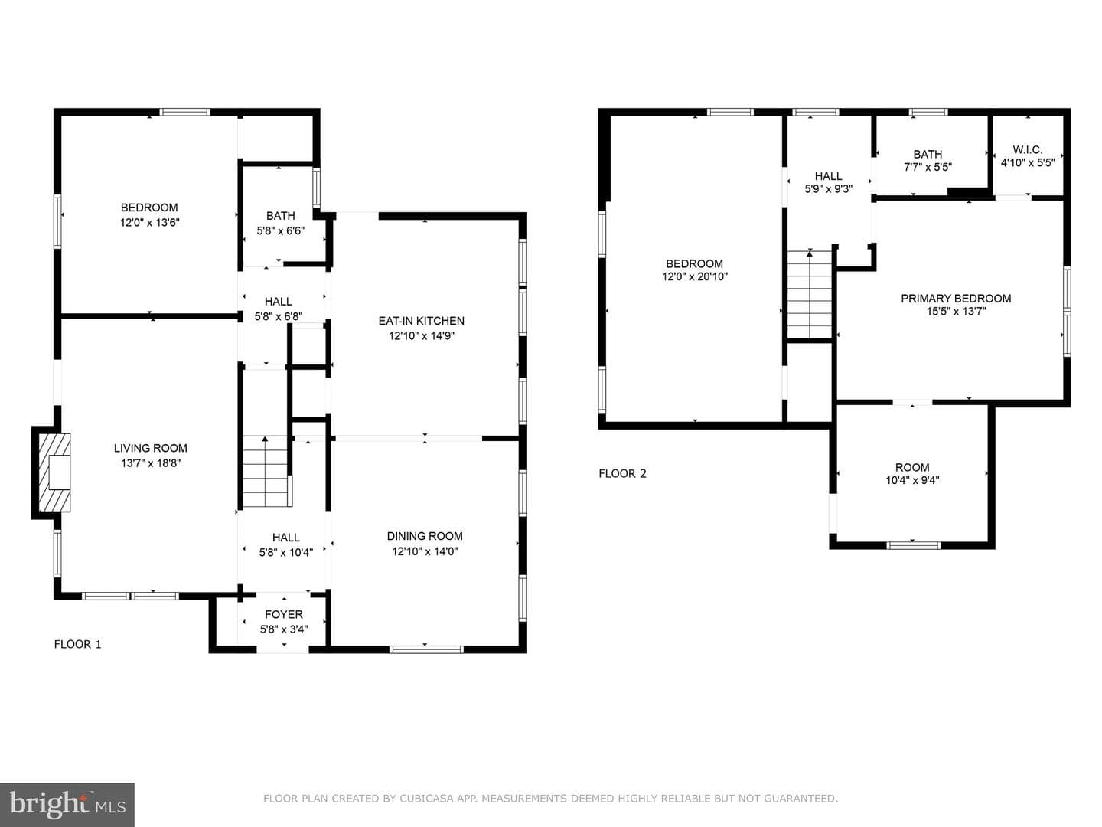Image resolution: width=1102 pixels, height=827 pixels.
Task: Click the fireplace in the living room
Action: [54, 472]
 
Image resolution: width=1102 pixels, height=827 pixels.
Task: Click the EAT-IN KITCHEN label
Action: [421, 321]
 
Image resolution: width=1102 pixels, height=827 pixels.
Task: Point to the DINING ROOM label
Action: [425, 536]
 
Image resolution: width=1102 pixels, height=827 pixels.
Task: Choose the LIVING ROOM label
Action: [151, 448]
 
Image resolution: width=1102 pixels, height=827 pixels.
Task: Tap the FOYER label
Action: [284, 614]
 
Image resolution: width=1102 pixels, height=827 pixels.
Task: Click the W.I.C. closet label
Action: [1027, 149]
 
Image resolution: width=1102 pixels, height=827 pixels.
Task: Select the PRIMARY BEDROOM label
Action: [956, 299]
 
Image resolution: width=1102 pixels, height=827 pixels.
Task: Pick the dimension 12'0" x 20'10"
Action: [695, 276]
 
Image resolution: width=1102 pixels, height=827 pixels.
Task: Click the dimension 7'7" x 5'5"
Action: [928, 167]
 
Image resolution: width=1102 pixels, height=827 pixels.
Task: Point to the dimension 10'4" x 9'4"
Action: [912, 480]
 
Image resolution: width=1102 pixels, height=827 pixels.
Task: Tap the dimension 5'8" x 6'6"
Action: [281, 231]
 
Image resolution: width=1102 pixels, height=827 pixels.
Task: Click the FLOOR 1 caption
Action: [78, 644]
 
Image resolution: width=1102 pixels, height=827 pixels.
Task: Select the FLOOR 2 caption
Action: [622, 473]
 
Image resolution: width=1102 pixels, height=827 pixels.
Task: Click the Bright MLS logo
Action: [67, 805]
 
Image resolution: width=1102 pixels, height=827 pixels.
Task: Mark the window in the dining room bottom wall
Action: [426, 649]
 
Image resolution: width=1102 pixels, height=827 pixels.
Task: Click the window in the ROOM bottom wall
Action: [913, 545]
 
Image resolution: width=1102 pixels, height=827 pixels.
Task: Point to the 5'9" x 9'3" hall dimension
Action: [828, 189]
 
